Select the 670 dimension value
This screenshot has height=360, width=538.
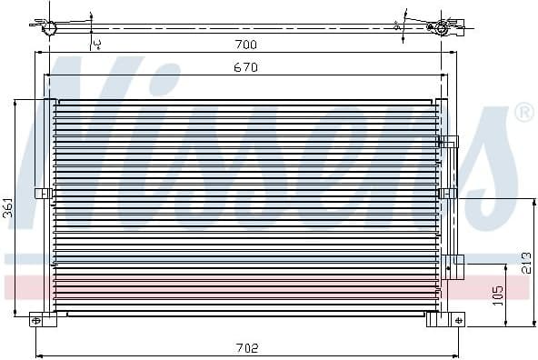click(x=246, y=68)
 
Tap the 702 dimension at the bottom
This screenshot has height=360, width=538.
click(x=246, y=347)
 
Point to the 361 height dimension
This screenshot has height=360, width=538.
click(x=7, y=208)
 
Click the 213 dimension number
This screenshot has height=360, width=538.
click(x=525, y=261)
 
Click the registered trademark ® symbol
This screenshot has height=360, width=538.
click(x=523, y=113)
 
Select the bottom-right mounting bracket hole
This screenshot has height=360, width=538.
click(x=456, y=319)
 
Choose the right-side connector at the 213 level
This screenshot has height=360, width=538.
click(x=447, y=193)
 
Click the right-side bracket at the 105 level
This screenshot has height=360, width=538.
click(x=457, y=264)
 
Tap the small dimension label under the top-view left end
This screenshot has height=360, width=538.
click(x=96, y=41)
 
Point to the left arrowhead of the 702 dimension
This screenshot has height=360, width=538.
click(x=37, y=354)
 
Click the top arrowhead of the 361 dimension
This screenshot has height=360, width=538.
click(x=15, y=102)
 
